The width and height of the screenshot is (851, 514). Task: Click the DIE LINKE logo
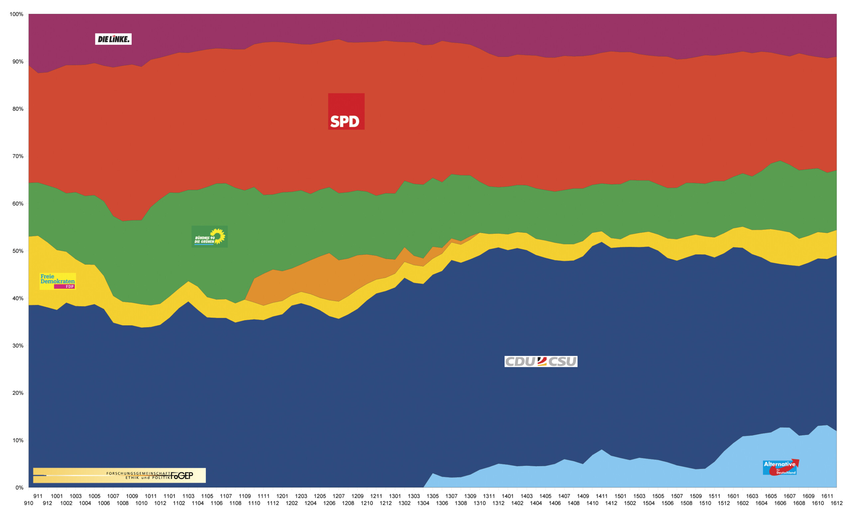(x=113, y=39)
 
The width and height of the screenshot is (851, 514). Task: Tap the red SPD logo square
(x=346, y=112)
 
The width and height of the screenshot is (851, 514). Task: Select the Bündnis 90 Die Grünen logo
(x=210, y=237)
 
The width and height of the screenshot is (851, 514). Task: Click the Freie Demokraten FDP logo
(x=58, y=281)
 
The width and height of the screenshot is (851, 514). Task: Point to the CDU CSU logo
(x=541, y=362)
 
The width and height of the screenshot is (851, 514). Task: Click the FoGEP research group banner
(x=119, y=475)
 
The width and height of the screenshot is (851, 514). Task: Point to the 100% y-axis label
(x=16, y=14)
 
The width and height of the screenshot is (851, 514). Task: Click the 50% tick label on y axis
(x=18, y=251)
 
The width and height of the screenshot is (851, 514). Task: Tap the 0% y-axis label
(x=19, y=487)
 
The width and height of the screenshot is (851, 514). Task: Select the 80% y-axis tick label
(x=18, y=109)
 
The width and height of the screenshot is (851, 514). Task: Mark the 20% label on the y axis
(x=18, y=393)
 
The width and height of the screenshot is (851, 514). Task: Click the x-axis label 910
(x=29, y=503)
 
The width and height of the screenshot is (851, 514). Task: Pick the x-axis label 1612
(x=836, y=503)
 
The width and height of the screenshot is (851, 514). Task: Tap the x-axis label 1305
(x=432, y=496)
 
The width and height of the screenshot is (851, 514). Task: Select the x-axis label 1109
(x=245, y=496)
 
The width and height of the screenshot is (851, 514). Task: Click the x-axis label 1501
(x=620, y=496)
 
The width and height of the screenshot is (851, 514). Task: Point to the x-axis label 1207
(x=338, y=496)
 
